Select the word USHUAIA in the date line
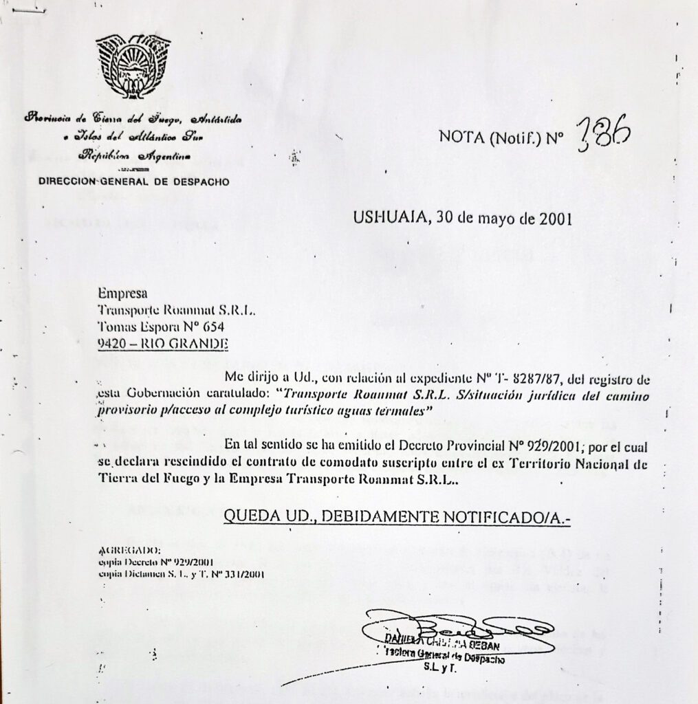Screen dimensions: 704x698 click(389, 219)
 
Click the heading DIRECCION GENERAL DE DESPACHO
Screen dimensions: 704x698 click(134, 181)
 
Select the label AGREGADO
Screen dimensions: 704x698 click(130, 550)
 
